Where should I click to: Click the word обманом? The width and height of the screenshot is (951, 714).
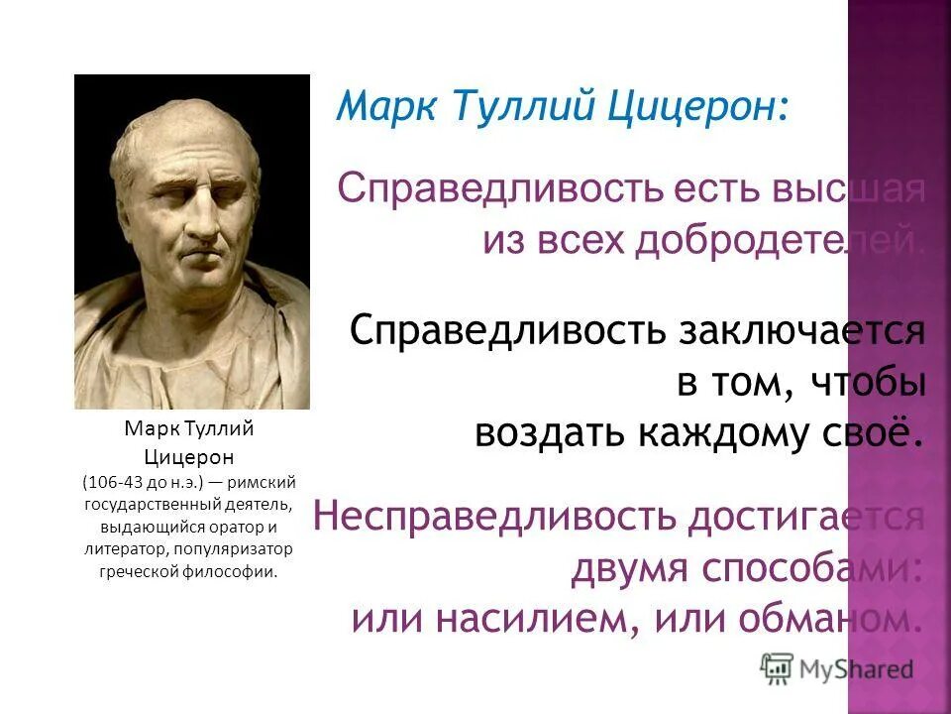pyautogui.click(x=828, y=620)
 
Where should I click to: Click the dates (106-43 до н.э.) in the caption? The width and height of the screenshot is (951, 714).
pyautogui.click(x=143, y=482)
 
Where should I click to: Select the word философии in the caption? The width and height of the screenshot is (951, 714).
pyautogui.click(x=235, y=571)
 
